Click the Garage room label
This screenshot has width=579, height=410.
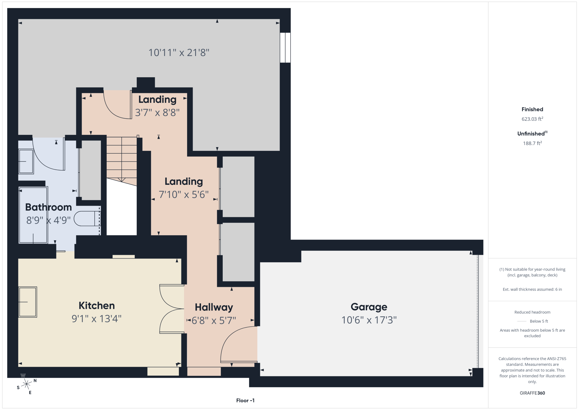(369, 307)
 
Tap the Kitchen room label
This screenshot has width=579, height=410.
(97, 305)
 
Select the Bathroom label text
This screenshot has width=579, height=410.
(48, 207)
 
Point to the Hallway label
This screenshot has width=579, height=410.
(214, 307)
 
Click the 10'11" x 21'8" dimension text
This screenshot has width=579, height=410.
(179, 52)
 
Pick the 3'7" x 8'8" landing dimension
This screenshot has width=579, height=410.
(157, 113)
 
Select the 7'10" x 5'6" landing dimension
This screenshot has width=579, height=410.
(184, 195)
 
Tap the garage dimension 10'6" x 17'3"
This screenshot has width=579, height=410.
(369, 320)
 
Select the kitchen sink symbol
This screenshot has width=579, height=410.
(28, 302)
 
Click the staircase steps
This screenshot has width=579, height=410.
(122, 160)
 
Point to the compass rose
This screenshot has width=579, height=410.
(27, 384)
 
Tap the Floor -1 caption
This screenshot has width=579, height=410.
(245, 401)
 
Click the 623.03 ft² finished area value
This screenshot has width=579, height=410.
(532, 119)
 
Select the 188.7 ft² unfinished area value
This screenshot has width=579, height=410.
(532, 143)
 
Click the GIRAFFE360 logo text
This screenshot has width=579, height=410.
(532, 393)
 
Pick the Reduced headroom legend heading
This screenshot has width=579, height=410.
(532, 312)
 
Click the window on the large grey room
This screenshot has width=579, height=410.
(285, 48)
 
